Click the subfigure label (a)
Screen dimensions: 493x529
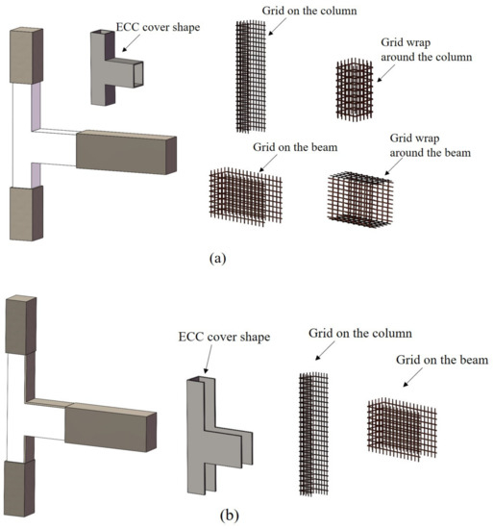coord(218,259)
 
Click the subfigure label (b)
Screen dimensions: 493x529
coord(229,516)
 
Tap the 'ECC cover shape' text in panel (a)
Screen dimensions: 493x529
coord(158,27)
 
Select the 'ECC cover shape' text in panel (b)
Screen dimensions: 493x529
coord(224,337)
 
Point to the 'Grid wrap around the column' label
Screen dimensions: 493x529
coord(427,50)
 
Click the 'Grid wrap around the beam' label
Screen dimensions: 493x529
coord(431,145)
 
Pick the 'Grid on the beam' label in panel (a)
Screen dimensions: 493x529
coord(295,147)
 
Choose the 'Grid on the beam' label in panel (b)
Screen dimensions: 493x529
coord(442,360)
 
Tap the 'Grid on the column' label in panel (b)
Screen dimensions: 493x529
coord(360,334)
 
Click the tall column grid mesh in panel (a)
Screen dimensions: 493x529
coord(251,76)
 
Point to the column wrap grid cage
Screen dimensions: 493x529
coord(355,89)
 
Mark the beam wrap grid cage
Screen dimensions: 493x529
coord(360,199)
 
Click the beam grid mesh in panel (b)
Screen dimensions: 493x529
coord(402,429)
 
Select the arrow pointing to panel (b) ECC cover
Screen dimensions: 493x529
coord(209,359)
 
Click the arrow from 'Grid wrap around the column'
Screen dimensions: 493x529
coord(385,73)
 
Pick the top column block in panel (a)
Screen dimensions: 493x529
coord(26,56)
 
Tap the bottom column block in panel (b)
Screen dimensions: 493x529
coord(19,488)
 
